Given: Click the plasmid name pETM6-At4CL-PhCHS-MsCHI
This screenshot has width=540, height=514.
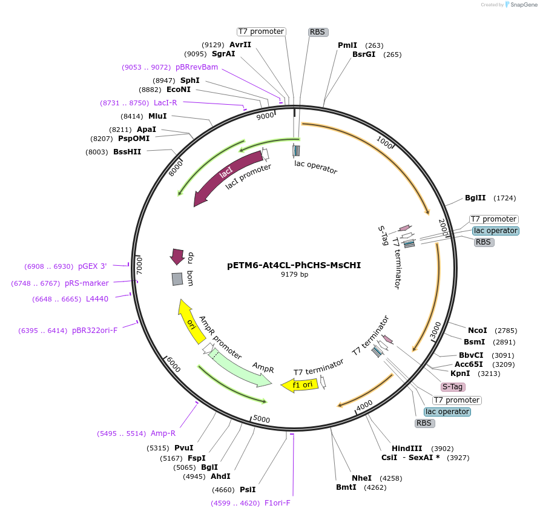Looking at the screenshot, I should tap(294, 265).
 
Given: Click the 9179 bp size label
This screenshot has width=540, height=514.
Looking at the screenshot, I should tap(294, 274).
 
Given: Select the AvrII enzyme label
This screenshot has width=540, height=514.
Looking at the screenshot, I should tap(240, 45).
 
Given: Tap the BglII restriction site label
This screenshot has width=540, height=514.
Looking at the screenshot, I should tap(475, 198).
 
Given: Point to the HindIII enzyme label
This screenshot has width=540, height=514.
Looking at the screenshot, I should tap(407, 449).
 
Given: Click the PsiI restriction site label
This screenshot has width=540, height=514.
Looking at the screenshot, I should tap(248, 489).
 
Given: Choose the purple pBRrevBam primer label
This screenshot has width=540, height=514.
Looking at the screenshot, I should tap(196, 67).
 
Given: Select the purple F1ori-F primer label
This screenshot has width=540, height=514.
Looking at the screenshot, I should tap(277, 503).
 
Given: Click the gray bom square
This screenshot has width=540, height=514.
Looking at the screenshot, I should tap(177, 278).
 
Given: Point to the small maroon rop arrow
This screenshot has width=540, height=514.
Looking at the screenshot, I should tap(177, 256).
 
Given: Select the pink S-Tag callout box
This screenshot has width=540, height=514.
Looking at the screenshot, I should tap(453, 387).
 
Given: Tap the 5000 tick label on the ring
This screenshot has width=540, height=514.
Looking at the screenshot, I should tap(261, 419).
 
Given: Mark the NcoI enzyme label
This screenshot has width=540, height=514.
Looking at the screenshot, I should tap(477, 330).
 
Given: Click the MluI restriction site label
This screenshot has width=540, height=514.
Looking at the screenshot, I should tap(157, 116).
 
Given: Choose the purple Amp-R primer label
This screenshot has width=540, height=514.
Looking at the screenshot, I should tap(163, 433).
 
